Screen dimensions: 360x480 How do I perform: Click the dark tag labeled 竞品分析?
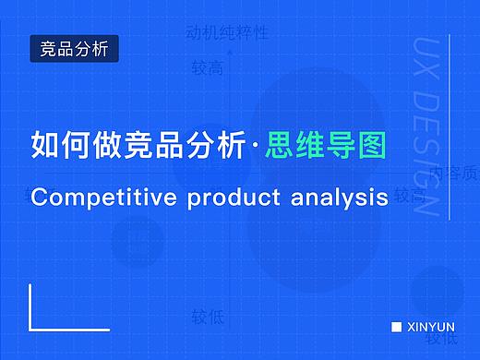75,48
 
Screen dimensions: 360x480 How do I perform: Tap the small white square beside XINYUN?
396,327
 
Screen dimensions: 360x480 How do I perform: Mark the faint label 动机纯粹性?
227,33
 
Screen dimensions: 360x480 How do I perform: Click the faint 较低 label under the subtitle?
207,317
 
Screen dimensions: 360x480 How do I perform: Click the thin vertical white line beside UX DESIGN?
451,129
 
